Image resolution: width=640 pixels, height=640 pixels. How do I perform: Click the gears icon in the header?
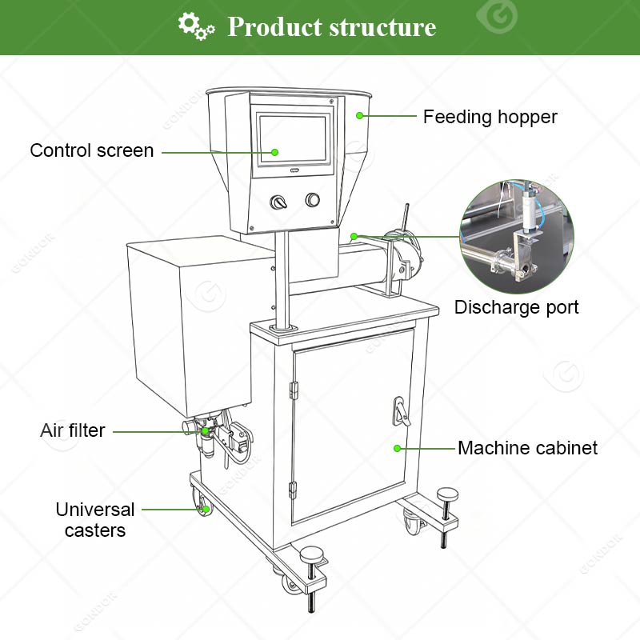(196, 26)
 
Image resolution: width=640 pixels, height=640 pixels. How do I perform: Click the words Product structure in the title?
(332, 27)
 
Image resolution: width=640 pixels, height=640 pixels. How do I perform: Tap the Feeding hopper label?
(490, 117)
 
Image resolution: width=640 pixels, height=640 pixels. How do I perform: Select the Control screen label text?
(92, 150)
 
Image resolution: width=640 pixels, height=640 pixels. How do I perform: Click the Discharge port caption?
(516, 307)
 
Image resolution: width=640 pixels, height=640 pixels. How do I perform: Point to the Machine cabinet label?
(527, 448)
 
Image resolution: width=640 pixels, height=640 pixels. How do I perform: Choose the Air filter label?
(73, 430)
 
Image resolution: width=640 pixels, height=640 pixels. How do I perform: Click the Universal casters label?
(94, 519)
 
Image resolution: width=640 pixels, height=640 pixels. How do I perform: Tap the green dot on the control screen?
(274, 151)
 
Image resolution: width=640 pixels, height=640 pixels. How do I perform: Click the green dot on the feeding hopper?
(360, 116)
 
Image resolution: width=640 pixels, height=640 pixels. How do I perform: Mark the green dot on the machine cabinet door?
(396, 448)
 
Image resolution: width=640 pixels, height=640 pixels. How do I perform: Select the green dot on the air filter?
(206, 431)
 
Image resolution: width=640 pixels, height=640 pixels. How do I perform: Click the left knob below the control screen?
(279, 202)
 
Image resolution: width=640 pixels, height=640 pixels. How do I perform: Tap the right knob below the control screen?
(312, 199)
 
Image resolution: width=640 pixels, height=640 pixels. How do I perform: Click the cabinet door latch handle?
(395, 410)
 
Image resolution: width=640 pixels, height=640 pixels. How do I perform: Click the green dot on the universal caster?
(206, 508)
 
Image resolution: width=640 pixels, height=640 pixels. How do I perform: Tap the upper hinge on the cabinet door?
(293, 389)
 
